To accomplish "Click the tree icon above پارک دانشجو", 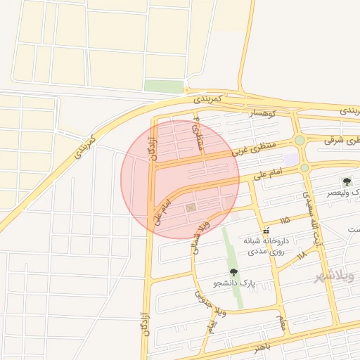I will pyautogui.click(x=233, y=272).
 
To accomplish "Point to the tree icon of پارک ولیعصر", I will pyautogui.click(x=347, y=181).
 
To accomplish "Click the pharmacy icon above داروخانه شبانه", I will pyautogui.click(x=266, y=231).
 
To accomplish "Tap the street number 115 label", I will pyautogui.click(x=284, y=221).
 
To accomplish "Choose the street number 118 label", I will pyautogui.click(x=301, y=254).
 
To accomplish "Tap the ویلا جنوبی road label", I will pyautogui.click(x=212, y=317).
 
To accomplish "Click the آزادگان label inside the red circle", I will pyautogui.click(x=154, y=147).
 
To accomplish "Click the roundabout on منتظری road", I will pyautogui.click(x=300, y=140).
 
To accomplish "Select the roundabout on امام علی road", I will pyautogui.click(x=304, y=168).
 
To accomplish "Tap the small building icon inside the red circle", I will pyautogui.click(x=190, y=208).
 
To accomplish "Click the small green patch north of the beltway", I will pyautogui.click(x=164, y=86).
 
